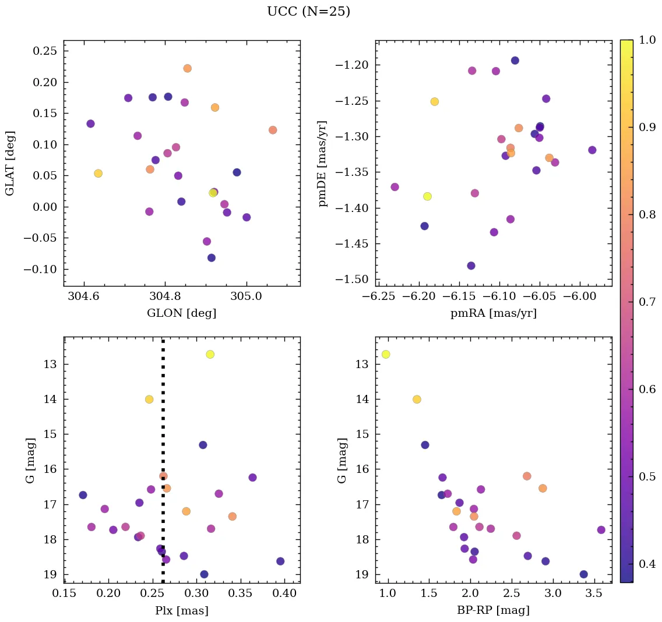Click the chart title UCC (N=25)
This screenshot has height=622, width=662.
(308, 12)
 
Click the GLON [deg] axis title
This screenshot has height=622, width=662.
(181, 313)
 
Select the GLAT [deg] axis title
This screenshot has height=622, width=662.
(10, 163)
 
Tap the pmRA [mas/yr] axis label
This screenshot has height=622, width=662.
(493, 313)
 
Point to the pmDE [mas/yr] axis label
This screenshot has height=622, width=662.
(322, 163)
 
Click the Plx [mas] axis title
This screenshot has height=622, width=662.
(181, 611)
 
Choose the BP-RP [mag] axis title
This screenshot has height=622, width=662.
(493, 611)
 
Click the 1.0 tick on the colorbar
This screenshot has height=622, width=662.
(648, 40)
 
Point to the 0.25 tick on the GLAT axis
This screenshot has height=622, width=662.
(45, 51)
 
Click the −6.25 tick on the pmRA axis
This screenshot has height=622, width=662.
(377, 298)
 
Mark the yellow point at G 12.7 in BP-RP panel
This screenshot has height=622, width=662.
(385, 354)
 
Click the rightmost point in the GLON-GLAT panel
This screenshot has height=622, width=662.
(273, 130)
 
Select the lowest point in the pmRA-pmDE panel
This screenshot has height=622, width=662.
(471, 266)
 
